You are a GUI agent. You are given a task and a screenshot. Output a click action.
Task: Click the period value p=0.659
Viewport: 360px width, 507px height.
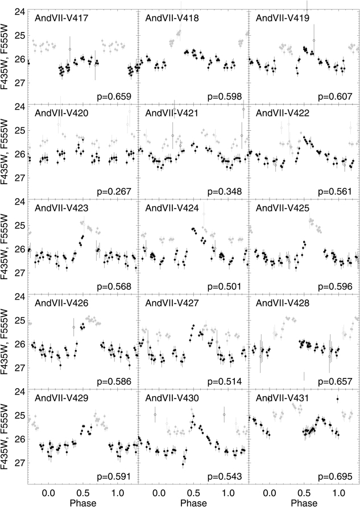pyautogui.click(x=116, y=96)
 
